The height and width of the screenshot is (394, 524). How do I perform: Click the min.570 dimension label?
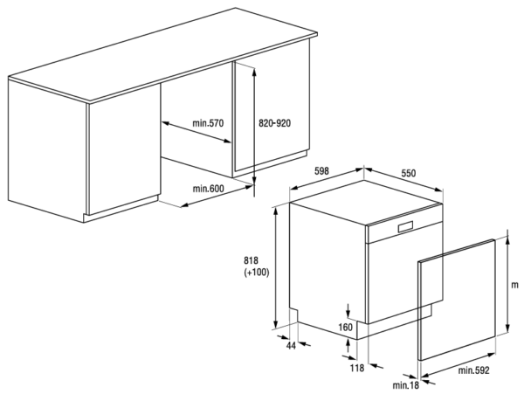click(208, 123)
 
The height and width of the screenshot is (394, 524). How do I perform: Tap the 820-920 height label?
click(275, 123)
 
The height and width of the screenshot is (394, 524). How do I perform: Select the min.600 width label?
click(208, 189)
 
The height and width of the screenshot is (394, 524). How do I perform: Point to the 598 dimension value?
click(321, 171)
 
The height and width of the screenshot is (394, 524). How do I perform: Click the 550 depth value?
click(409, 173)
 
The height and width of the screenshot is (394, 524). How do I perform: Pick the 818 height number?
click(252, 260)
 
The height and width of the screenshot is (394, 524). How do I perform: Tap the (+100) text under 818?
click(256, 273)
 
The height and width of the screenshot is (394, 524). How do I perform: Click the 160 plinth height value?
click(346, 327)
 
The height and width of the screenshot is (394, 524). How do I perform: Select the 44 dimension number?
click(292, 346)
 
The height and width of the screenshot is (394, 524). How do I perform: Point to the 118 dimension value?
click(357, 369)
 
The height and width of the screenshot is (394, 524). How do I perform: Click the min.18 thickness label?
click(406, 385)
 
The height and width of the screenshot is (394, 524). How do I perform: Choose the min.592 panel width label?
click(473, 370)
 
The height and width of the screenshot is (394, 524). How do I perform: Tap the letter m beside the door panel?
click(515, 285)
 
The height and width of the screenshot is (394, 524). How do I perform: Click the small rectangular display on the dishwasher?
click(405, 227)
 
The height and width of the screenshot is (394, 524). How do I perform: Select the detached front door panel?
click(457, 300)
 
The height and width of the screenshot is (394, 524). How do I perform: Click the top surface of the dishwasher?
click(366, 202)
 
